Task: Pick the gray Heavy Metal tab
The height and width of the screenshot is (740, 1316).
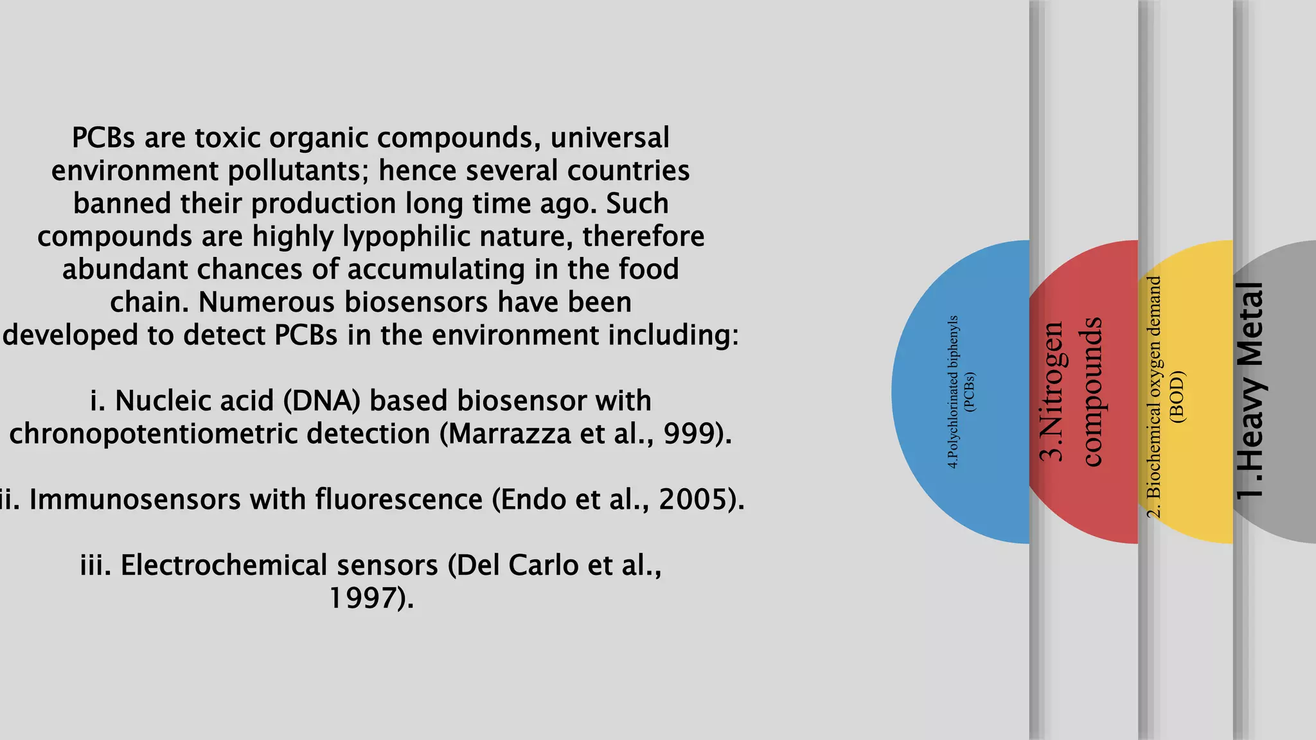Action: [1279, 392]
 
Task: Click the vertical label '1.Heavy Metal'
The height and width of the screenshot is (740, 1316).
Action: [1250, 391]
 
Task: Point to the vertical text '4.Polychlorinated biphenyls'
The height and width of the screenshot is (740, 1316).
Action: [954, 392]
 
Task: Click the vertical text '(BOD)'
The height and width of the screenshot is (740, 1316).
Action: [1177, 396]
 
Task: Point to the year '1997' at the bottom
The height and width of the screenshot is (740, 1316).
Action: [360, 598]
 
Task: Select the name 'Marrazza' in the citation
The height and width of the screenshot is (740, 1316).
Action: [509, 434]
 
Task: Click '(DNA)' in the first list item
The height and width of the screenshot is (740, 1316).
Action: [322, 401]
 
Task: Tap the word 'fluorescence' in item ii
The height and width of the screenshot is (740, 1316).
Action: [398, 500]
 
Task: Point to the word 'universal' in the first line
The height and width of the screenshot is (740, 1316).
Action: [610, 138]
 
